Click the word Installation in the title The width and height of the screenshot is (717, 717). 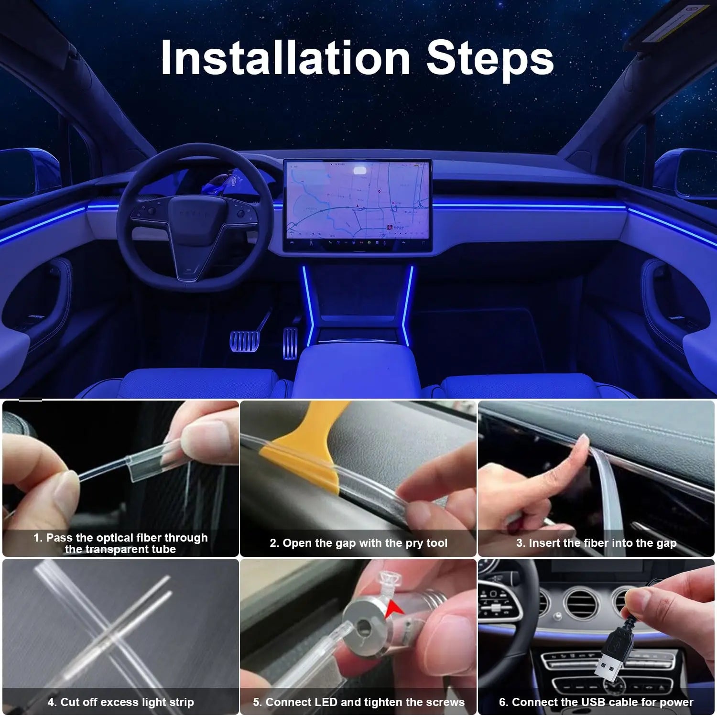(x=285, y=58)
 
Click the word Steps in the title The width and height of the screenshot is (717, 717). (x=489, y=58)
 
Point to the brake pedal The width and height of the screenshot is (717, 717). (x=244, y=340)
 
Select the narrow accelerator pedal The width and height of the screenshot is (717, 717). (x=290, y=342)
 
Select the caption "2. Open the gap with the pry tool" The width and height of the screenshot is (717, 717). (x=358, y=543)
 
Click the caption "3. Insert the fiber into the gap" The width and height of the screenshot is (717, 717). (x=596, y=543)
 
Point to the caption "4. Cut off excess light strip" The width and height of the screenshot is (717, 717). (x=120, y=702)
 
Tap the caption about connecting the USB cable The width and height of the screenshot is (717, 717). (x=596, y=702)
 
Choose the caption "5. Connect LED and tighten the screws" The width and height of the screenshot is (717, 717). (x=358, y=702)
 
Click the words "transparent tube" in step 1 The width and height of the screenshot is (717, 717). (x=120, y=550)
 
